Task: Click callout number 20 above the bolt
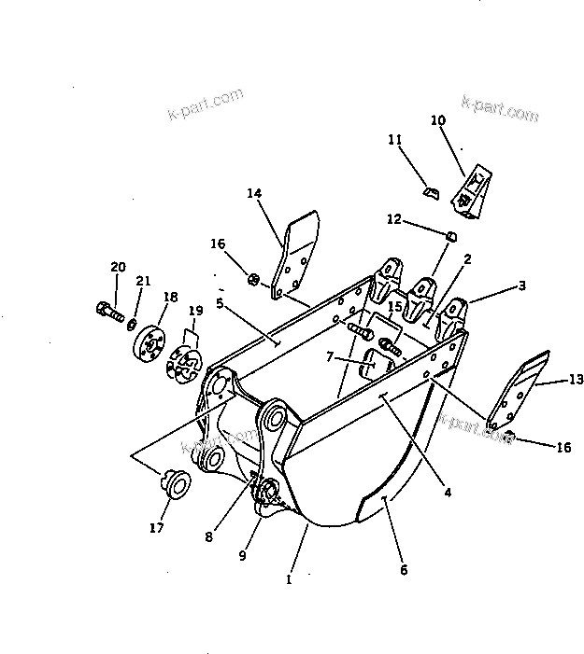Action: click(x=118, y=267)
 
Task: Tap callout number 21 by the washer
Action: click(x=143, y=281)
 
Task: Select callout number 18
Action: click(x=169, y=297)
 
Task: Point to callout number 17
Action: click(x=157, y=528)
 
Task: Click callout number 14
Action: click(x=254, y=193)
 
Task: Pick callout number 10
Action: click(x=438, y=119)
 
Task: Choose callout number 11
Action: click(x=395, y=140)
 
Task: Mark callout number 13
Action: click(x=575, y=379)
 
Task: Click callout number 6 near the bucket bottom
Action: click(x=404, y=569)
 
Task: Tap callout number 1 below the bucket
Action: click(x=290, y=579)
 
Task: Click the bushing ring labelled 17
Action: click(x=176, y=483)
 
